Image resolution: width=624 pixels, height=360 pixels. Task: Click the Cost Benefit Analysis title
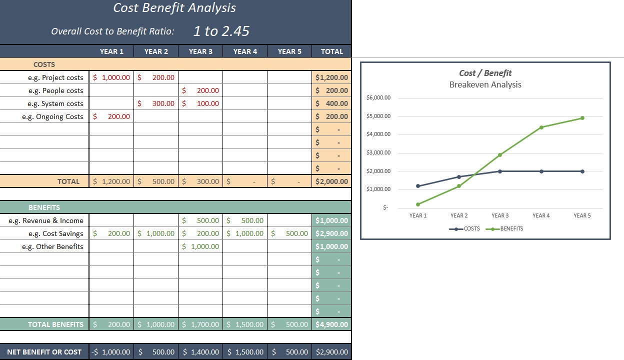174,8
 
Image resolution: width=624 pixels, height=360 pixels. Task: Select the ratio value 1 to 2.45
221,31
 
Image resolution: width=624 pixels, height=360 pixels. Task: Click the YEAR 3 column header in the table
200,51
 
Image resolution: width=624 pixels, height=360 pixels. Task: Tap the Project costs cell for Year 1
111,77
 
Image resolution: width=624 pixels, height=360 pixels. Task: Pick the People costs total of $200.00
331,90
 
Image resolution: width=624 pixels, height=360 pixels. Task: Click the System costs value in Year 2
156,103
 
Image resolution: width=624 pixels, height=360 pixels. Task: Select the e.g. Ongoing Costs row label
52,116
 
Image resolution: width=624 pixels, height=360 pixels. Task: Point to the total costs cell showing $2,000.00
331,181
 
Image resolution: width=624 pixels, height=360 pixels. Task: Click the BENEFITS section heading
44,207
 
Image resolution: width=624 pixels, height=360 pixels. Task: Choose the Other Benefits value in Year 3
200,246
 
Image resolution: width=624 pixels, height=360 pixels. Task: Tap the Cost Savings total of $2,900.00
331,233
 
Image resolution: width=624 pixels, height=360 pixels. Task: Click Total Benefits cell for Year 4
245,324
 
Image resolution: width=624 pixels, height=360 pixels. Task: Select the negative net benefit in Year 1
111,352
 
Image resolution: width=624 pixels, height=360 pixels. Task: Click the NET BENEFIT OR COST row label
44,352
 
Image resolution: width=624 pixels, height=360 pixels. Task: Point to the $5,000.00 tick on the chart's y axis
378,116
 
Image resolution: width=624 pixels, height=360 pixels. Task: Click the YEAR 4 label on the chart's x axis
541,215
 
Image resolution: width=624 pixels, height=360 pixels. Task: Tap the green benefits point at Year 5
582,118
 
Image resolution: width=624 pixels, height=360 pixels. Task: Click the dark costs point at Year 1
418,186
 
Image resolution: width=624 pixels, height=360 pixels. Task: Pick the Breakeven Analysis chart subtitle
485,84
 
